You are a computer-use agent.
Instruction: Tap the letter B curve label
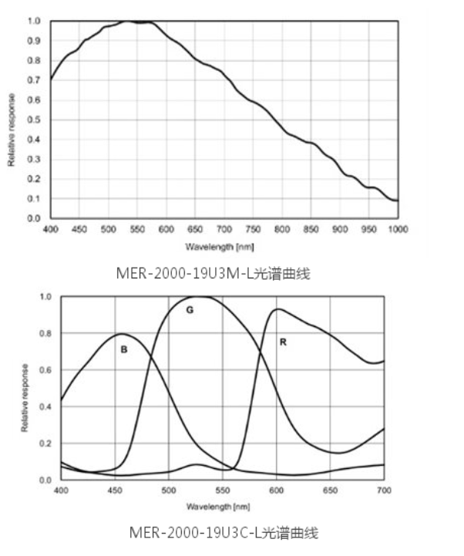(x=123, y=349)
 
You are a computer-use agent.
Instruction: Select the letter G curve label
(x=188, y=310)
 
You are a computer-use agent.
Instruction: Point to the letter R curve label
(x=283, y=342)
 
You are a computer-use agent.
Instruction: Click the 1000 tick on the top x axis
(x=397, y=229)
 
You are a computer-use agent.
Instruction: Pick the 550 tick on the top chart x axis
(x=137, y=229)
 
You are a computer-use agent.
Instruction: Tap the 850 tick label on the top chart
(x=311, y=229)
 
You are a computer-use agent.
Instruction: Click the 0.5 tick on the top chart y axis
(x=34, y=120)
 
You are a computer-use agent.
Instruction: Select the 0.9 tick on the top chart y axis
(x=34, y=41)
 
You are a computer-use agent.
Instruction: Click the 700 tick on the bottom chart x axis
(x=384, y=489)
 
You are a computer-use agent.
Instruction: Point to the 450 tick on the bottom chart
(x=115, y=489)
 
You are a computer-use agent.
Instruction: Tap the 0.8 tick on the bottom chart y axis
(x=45, y=333)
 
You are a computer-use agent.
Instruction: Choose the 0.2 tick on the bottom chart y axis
(x=45, y=443)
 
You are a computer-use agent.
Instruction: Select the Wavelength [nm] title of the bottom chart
(x=218, y=507)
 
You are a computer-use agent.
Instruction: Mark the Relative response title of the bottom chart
(x=25, y=396)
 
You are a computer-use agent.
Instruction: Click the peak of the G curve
(x=199, y=297)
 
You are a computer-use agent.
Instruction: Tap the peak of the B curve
(x=121, y=334)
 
